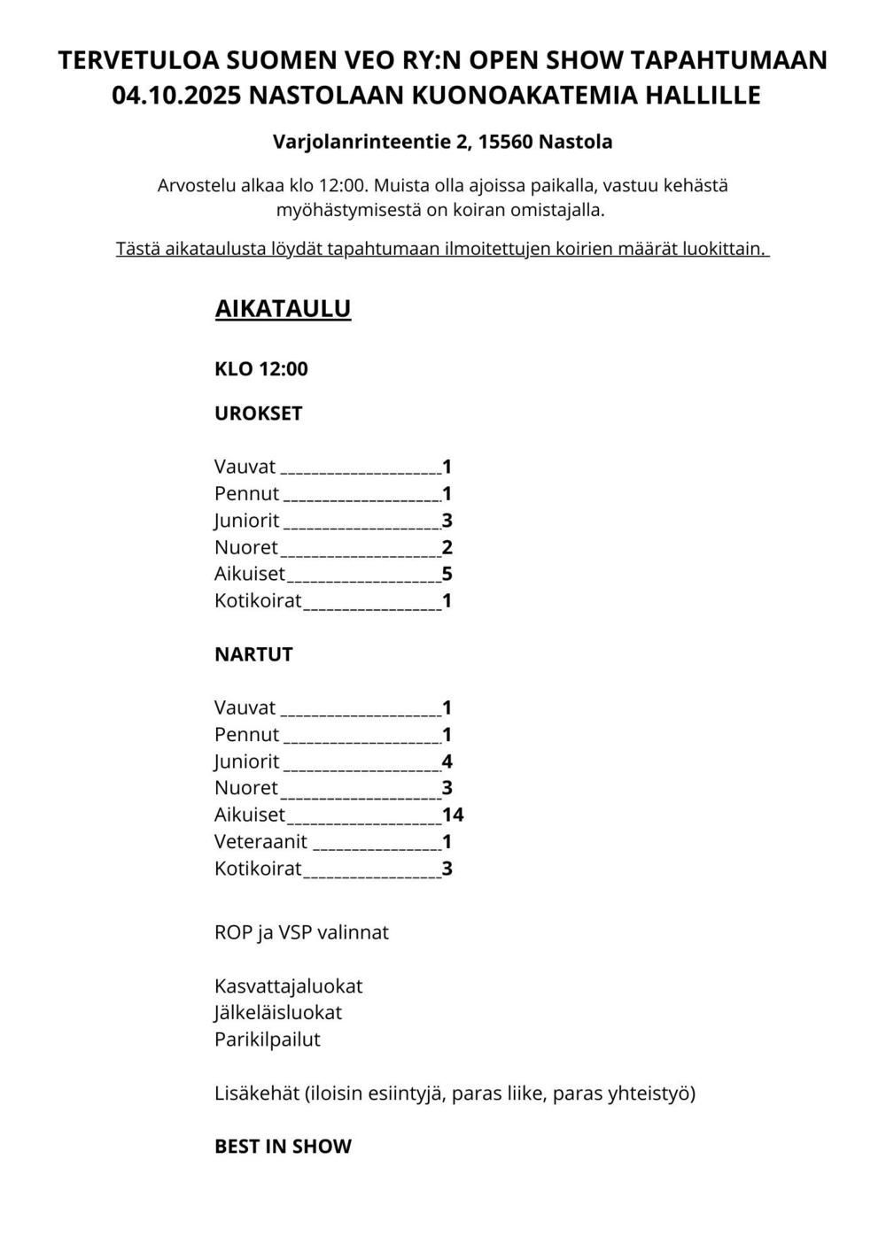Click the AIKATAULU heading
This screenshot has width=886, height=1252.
click(283, 308)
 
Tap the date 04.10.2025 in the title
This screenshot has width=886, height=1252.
click(176, 95)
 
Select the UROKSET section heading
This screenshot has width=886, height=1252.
click(258, 413)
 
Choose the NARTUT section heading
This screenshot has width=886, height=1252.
click(253, 654)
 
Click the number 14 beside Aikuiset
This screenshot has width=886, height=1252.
click(453, 815)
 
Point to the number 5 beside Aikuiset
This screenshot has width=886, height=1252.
click(447, 574)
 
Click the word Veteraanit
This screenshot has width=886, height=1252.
click(260, 841)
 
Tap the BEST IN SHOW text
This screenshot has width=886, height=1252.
click(283, 1146)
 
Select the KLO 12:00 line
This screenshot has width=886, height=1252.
click(260, 369)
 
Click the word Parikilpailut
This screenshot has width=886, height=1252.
click(267, 1039)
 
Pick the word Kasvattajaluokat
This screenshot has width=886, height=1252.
click(288, 985)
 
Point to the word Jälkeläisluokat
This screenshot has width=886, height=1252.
click(277, 1012)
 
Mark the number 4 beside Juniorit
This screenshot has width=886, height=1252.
click(447, 761)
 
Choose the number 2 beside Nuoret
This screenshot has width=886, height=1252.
click(447, 547)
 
